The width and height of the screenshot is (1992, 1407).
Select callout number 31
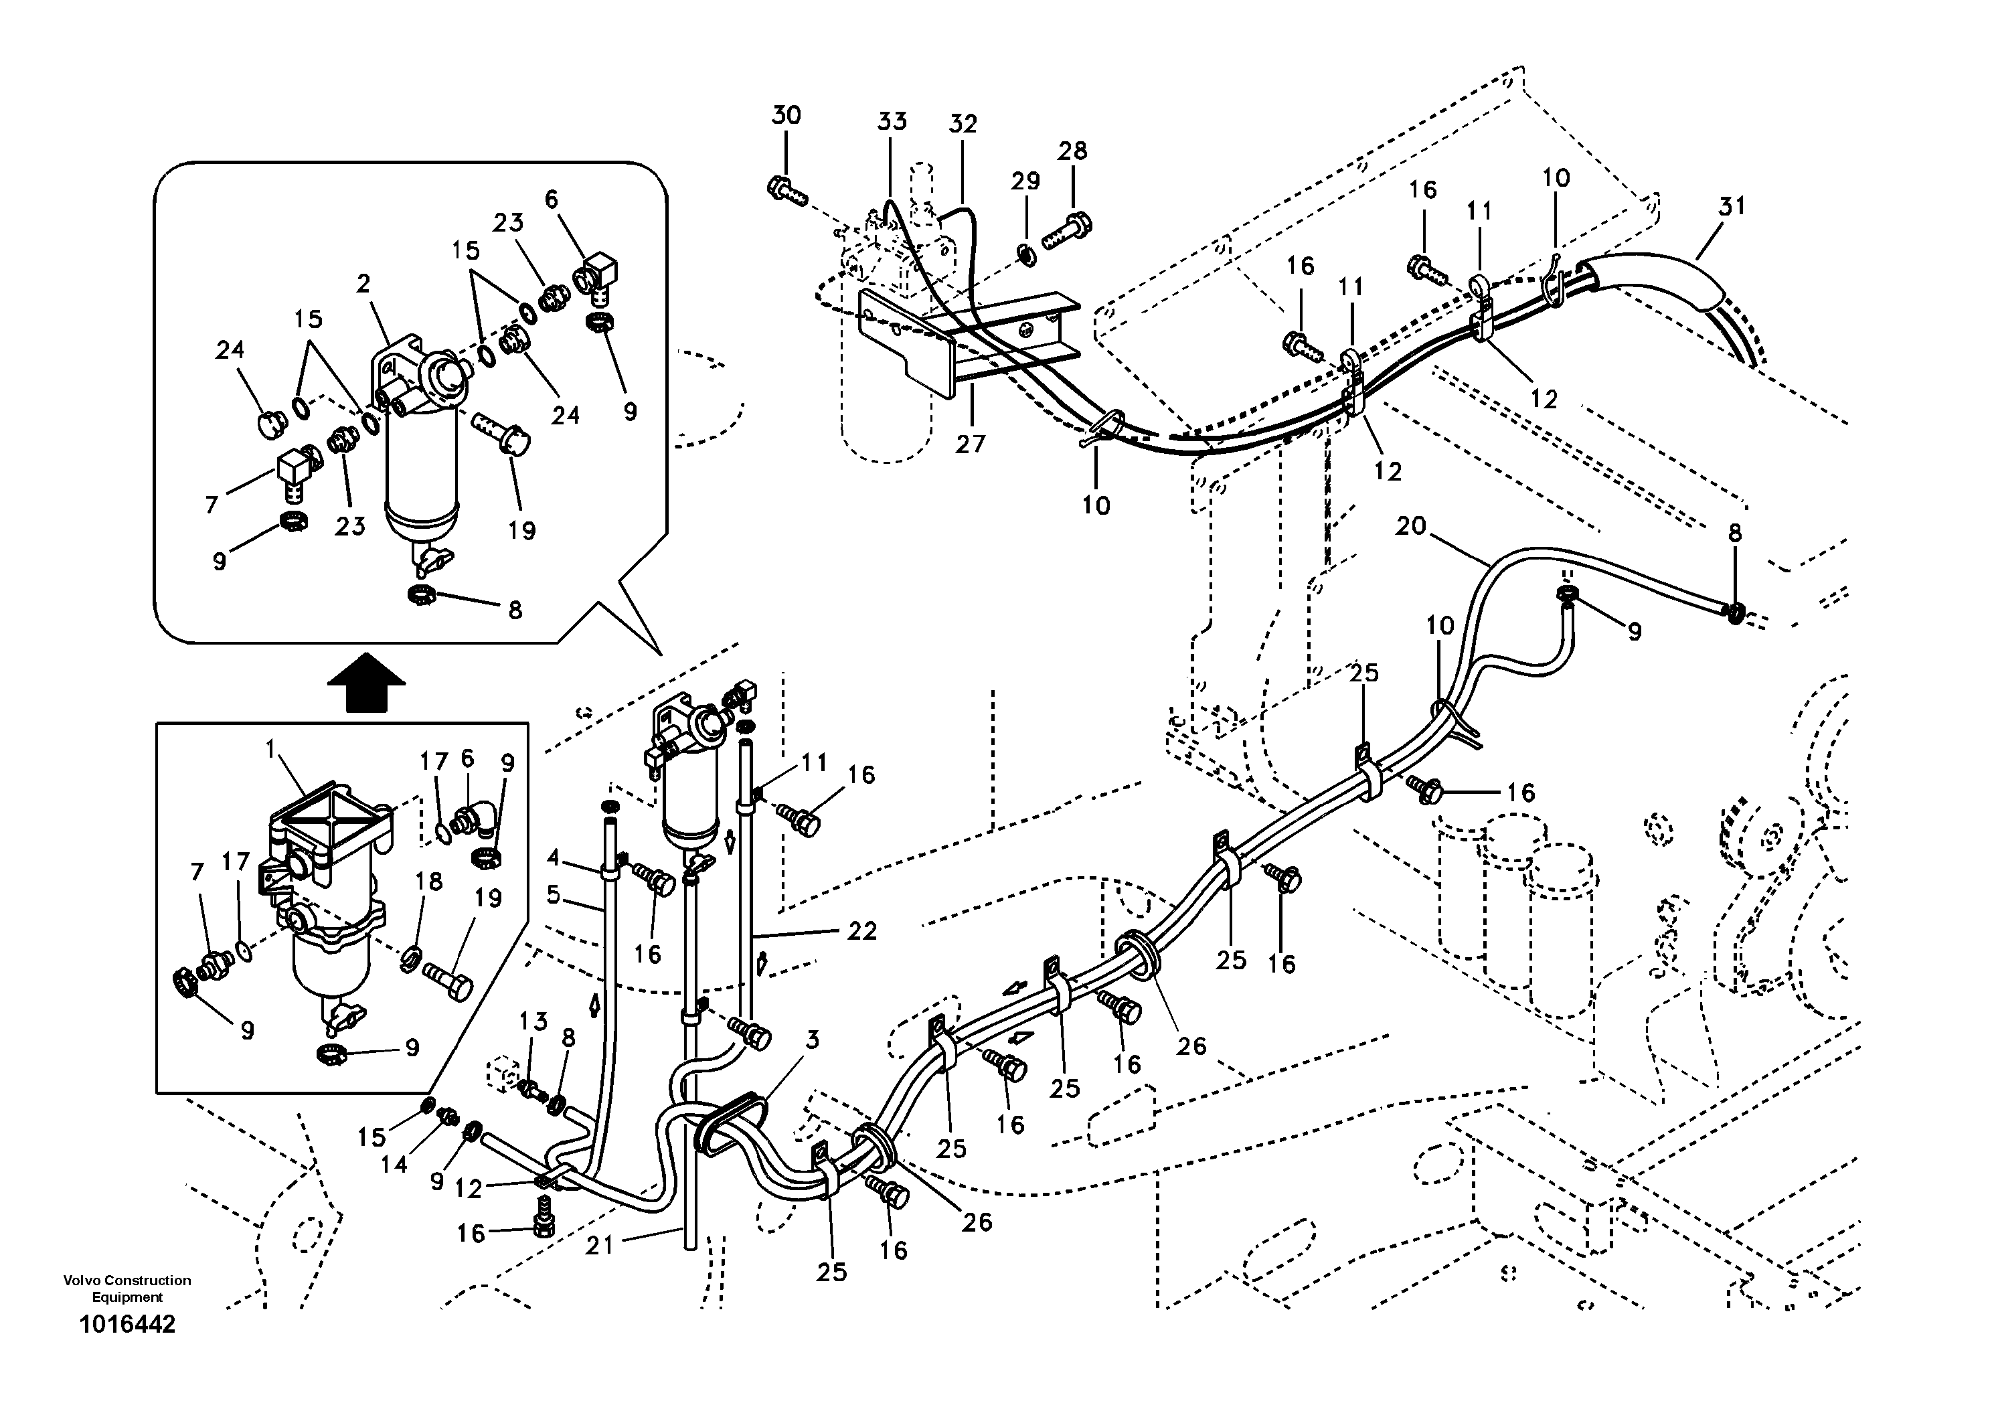(1732, 206)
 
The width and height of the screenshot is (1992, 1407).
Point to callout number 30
(787, 115)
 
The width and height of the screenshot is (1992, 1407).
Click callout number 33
(891, 120)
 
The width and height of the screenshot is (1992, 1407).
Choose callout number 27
(971, 444)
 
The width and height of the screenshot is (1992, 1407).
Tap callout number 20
(1412, 527)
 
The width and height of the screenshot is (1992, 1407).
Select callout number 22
(861, 931)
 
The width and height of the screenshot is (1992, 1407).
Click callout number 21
(600, 1246)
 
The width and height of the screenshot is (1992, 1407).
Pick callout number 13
(533, 1022)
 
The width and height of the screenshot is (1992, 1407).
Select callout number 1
(270, 748)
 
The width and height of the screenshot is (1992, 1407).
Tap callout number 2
(363, 284)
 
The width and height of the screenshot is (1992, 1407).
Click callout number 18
(428, 882)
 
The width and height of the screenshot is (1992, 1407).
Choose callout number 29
(1025, 181)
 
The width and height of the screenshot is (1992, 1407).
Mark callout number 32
(963, 124)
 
